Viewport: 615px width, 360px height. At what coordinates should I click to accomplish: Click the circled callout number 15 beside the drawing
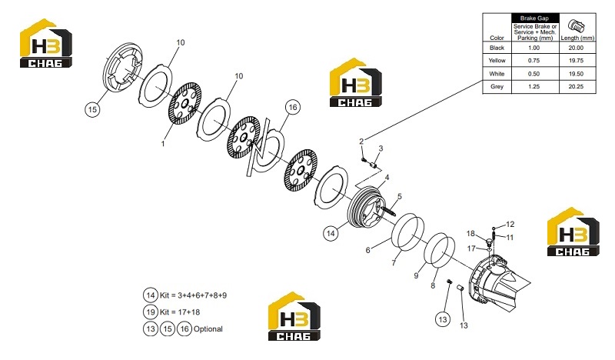(92, 109)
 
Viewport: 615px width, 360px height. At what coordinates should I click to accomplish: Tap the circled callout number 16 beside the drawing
(293, 107)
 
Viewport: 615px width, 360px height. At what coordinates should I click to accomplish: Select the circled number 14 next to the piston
(331, 233)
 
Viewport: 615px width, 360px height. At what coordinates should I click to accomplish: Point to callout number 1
(163, 144)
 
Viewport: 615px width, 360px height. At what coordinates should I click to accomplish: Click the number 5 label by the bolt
(399, 196)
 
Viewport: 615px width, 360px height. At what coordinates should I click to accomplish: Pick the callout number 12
(510, 224)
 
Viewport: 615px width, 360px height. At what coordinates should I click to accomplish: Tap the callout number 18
(470, 234)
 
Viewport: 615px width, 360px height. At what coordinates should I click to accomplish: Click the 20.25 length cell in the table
(576, 86)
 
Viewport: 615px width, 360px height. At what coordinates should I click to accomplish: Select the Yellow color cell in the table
(497, 61)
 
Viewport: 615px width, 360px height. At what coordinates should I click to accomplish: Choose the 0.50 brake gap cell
(534, 74)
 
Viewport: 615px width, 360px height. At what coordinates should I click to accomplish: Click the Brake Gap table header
(534, 18)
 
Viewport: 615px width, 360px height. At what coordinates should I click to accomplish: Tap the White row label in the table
(497, 74)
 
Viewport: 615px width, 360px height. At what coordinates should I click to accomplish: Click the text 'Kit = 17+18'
(180, 312)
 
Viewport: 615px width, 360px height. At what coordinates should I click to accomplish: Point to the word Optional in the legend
(208, 329)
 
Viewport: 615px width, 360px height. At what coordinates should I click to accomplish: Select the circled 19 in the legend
(151, 312)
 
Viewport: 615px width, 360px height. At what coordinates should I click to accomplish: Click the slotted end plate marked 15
(123, 67)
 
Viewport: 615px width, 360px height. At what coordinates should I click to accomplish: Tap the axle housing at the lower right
(499, 282)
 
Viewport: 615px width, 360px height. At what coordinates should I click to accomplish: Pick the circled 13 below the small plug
(443, 319)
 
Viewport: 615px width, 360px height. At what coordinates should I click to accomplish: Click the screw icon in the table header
(576, 26)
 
